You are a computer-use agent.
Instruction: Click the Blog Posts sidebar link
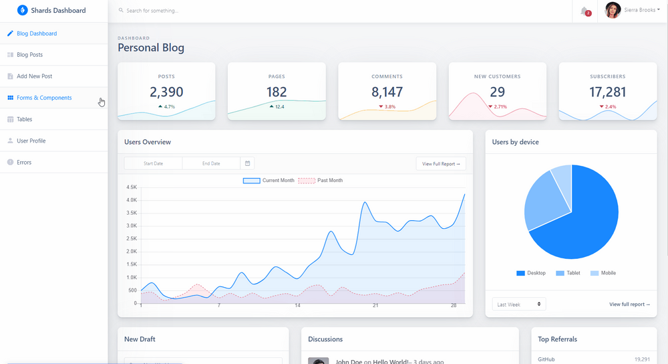29,55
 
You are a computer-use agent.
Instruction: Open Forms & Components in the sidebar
44,98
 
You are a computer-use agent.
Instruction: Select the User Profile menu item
31,141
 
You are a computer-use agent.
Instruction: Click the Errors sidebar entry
24,162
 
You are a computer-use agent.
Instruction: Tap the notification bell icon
585,11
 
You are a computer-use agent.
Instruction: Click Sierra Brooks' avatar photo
613,11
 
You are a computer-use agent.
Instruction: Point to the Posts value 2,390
166,92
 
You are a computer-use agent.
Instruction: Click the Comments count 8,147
387,92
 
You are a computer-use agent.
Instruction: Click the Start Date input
154,163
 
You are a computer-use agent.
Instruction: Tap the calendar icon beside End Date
247,163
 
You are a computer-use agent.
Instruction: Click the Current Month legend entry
269,181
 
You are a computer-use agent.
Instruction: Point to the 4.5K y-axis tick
132,187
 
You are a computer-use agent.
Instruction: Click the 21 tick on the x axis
375,306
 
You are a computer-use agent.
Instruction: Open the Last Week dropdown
519,304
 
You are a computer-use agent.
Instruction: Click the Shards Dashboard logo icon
23,11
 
